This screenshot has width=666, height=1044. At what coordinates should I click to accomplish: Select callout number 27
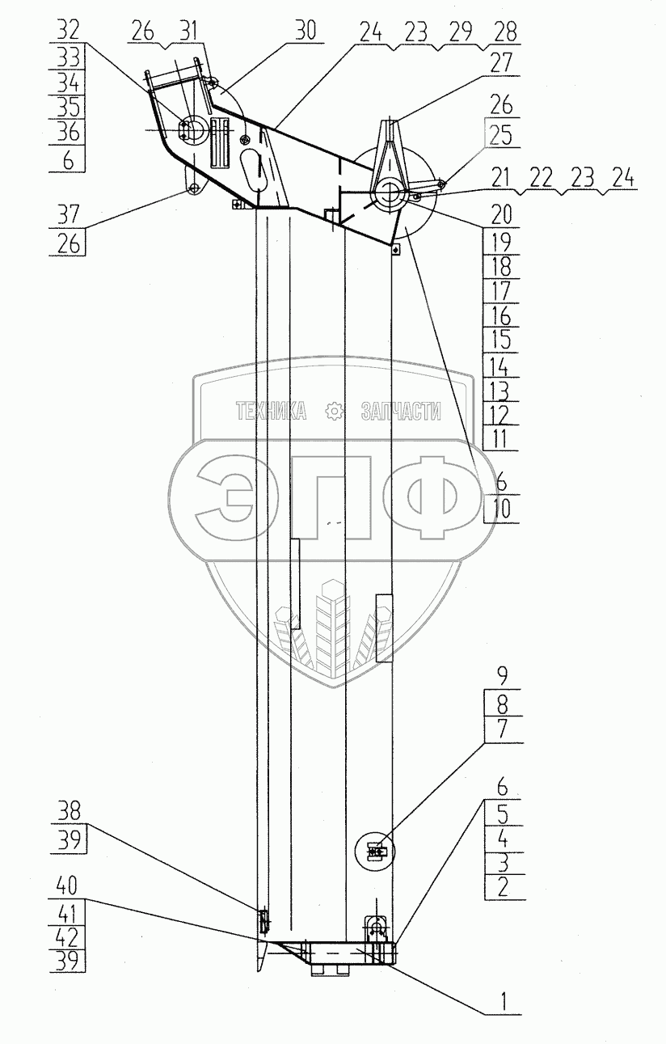(x=502, y=63)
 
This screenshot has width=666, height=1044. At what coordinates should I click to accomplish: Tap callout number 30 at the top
(x=306, y=31)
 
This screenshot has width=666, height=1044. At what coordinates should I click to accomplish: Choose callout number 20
(x=501, y=214)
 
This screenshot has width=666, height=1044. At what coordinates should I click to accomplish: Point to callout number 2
(x=502, y=886)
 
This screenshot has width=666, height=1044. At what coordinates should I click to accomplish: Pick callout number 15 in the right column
(x=501, y=340)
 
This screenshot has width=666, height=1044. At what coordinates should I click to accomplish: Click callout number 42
(x=69, y=938)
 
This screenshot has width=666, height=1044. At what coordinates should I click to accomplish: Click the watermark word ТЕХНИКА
(x=271, y=412)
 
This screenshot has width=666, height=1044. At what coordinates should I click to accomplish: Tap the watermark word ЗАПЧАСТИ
(x=402, y=412)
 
